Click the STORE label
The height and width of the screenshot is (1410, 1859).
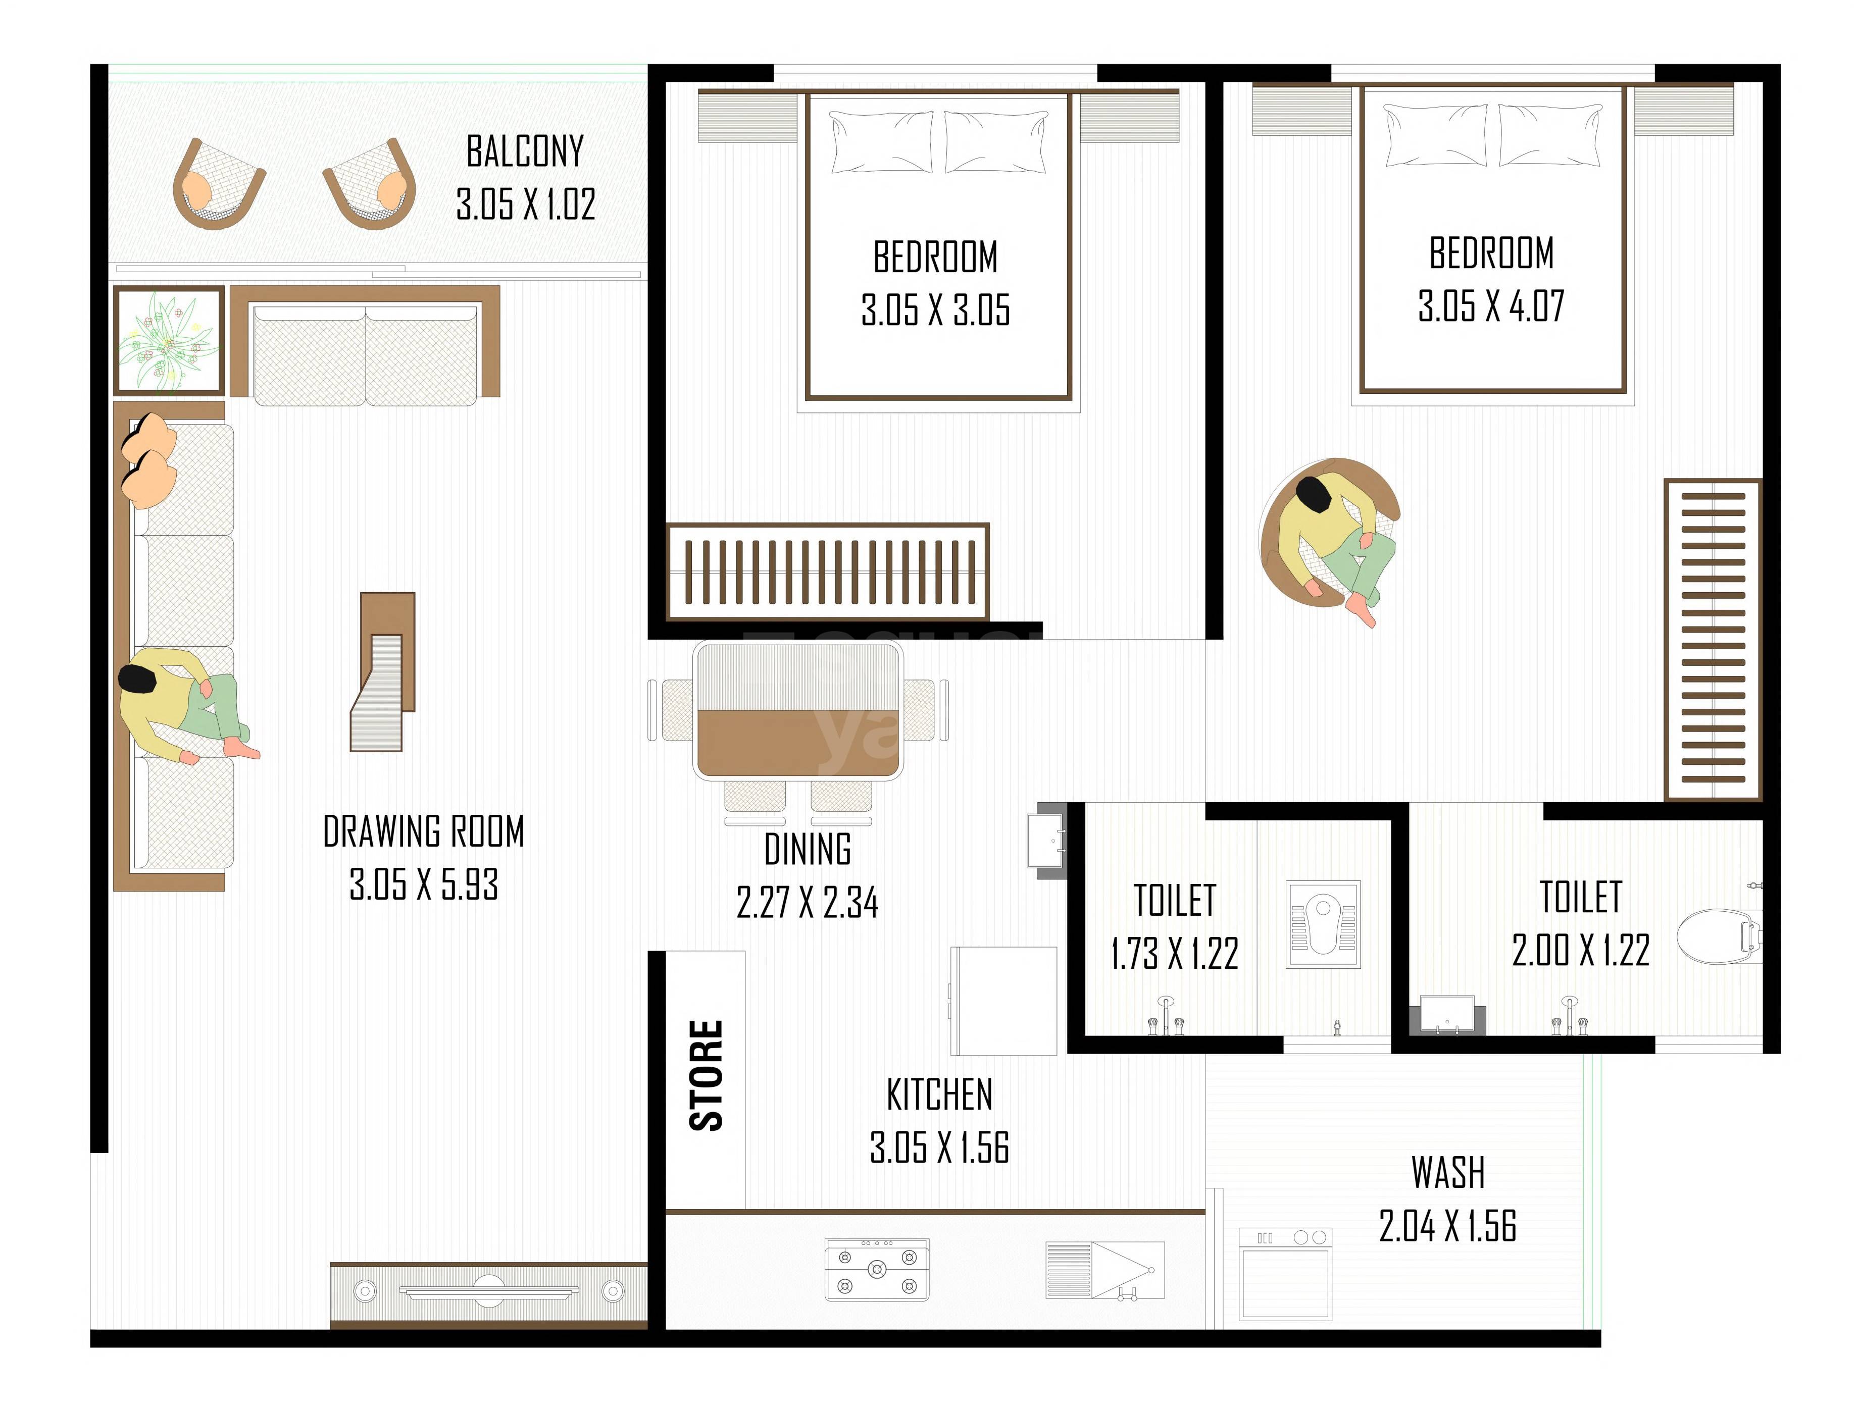[x=706, y=1076]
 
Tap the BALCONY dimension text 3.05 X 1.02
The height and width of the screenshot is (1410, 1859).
[x=525, y=204]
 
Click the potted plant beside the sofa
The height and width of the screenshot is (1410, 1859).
[x=168, y=340]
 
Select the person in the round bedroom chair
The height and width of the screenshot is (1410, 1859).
[x=1336, y=538]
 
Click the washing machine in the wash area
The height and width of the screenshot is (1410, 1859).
[x=1285, y=1274]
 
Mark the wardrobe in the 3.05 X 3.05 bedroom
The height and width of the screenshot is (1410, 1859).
[x=828, y=571]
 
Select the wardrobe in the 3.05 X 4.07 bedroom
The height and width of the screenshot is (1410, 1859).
[x=1713, y=639]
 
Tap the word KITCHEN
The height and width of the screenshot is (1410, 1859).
[x=939, y=1095]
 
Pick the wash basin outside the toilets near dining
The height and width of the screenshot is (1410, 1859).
[x=1047, y=840]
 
